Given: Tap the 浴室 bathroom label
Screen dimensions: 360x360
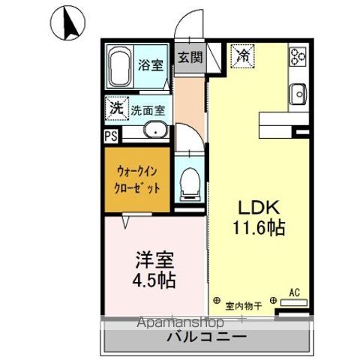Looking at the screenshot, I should (x=149, y=65).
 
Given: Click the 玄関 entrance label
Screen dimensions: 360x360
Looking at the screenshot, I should (x=190, y=56).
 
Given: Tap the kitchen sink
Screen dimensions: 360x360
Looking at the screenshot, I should (x=298, y=94).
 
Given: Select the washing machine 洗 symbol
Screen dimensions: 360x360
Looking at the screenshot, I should (x=116, y=107).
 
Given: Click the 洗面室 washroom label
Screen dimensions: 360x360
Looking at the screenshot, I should (x=148, y=109).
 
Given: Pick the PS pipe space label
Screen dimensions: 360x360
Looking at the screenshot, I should (x=110, y=136).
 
